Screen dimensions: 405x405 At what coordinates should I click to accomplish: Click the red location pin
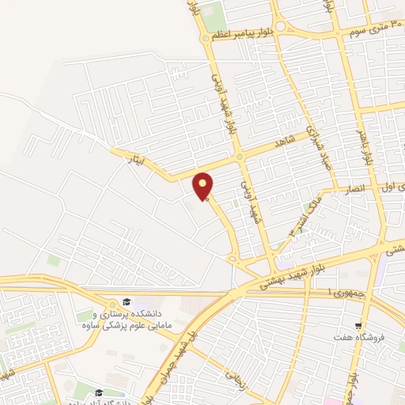pos(204,186)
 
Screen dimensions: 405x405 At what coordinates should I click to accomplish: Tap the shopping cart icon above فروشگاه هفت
pos(359,324)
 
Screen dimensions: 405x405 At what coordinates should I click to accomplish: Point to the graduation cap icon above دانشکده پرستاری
pos(126,301)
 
